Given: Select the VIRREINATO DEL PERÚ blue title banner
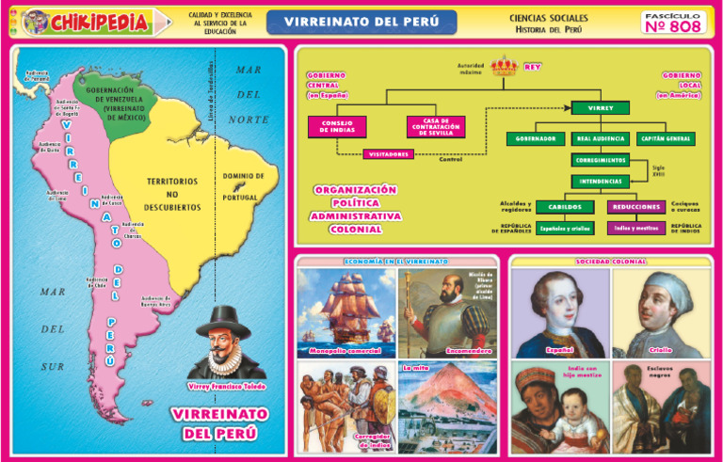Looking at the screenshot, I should pos(361,22).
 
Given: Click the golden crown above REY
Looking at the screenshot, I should pos(505,67).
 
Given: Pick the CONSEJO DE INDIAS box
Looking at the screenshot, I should pos(336,126).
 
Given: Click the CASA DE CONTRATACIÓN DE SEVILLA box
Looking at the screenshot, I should pos(435,126).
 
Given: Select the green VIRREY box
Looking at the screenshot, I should pos(600,108).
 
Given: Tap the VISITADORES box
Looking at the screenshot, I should pos(388,153).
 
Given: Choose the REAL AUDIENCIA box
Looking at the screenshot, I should pos(600,139).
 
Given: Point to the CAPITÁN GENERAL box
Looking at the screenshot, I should pos(667,139).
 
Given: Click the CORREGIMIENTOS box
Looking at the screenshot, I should pos(600,160).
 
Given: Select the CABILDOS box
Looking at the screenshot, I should pos(565,207).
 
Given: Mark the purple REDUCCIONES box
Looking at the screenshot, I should pos(636,207).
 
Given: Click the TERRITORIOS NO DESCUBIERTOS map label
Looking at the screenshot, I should pos(173,193).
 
